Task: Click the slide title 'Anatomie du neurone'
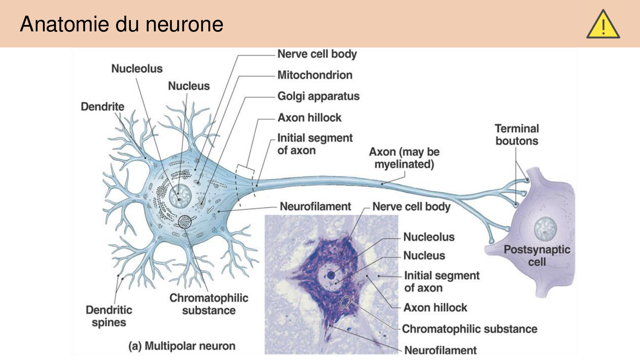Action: [x=122, y=24]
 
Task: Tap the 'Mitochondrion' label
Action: [x=315, y=75]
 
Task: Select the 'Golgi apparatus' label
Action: [x=318, y=96]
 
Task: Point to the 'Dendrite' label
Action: [x=102, y=107]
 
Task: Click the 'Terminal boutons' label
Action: [x=517, y=135]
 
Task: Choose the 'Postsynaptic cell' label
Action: [x=537, y=256]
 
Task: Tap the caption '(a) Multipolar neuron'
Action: [x=182, y=346]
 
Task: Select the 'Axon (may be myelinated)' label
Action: [x=404, y=158]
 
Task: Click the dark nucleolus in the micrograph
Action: [x=331, y=275]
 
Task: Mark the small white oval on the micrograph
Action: [x=345, y=301]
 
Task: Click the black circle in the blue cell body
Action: [x=185, y=221]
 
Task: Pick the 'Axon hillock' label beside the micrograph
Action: [x=435, y=308]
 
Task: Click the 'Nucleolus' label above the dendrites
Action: [x=137, y=69]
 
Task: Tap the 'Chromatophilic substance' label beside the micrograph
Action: [x=469, y=329]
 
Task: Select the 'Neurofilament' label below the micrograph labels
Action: [x=440, y=350]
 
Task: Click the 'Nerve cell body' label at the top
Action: [x=317, y=54]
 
